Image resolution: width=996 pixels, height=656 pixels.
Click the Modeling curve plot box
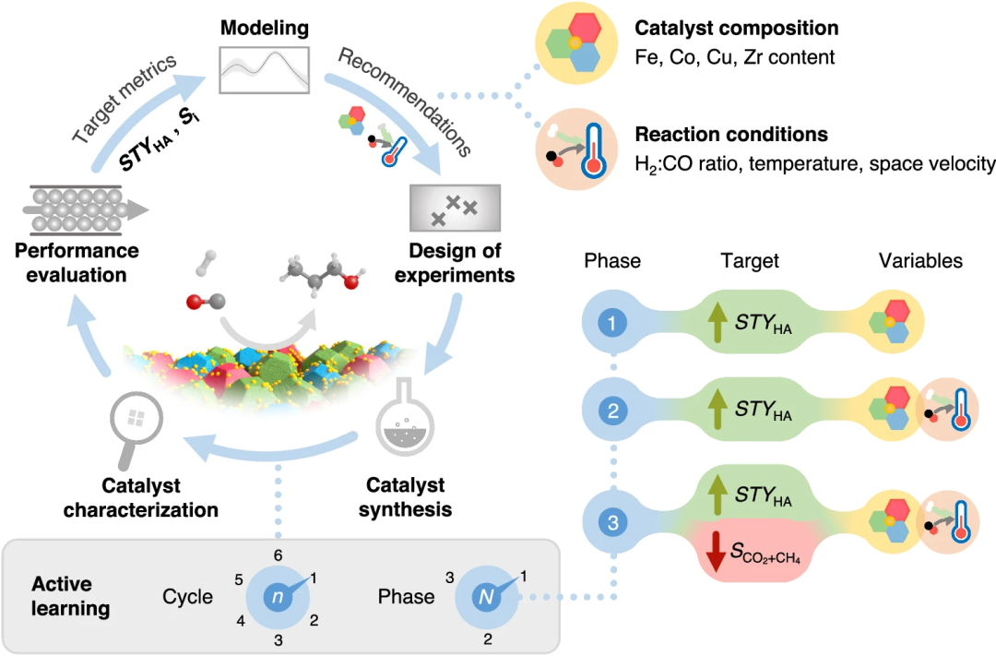point(263,69)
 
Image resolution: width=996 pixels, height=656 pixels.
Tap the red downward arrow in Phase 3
point(715,551)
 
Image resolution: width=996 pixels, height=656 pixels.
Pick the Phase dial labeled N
point(485,597)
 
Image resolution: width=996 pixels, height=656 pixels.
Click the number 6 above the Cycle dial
point(277,555)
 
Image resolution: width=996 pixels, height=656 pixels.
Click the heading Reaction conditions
point(731,135)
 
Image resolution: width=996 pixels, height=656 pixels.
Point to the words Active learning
point(71,596)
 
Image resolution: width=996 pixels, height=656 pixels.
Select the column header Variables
point(919,261)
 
